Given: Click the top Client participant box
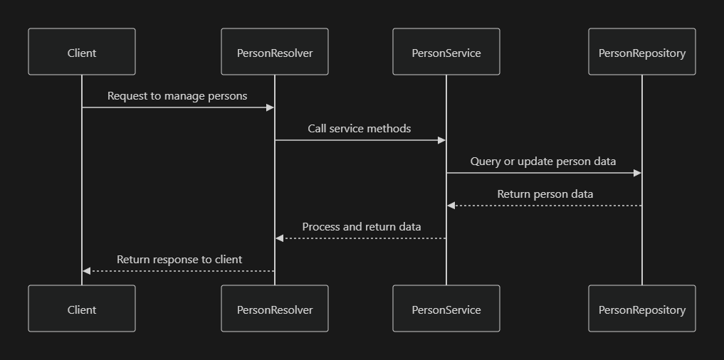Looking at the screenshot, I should coord(82,52).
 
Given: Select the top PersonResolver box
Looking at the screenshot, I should coord(275,52).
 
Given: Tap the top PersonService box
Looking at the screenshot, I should coord(446,52).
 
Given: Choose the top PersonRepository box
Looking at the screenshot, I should coord(642,52).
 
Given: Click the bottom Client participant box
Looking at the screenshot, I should coord(82,309).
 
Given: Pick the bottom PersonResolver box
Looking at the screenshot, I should coord(275,309).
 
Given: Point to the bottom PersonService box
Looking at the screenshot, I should coord(446,309).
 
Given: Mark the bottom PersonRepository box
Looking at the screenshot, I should coord(642,309).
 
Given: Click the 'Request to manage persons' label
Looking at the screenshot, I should coord(177,95).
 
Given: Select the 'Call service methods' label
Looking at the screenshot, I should coord(360,128).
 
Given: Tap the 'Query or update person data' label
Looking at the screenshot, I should coord(543,161).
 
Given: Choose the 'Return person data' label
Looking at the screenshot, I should coord(545,194).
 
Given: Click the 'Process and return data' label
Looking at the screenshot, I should coord(362,226).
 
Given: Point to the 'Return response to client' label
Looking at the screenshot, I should coord(179,259).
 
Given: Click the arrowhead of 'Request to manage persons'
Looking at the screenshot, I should coord(271,107).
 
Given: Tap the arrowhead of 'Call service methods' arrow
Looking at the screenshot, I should coord(442,140).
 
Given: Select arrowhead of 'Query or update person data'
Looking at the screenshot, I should coord(638,173).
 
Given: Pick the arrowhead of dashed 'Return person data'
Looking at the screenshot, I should coord(451,206).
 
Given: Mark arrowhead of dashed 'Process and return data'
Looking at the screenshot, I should coord(279,238).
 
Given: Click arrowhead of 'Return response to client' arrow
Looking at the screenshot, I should coord(86,271).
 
